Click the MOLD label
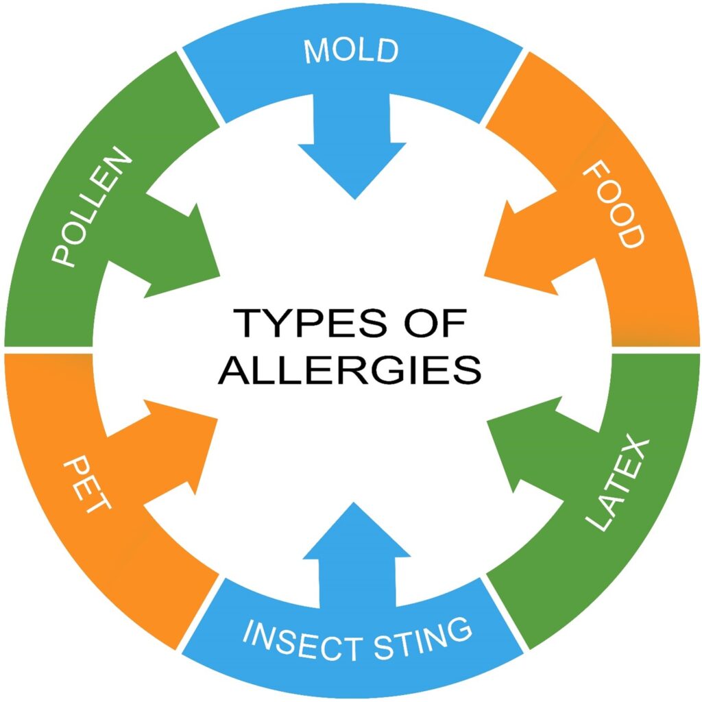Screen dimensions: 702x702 point(351,51)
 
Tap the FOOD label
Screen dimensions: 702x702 point(614,204)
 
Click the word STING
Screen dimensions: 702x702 point(422,639)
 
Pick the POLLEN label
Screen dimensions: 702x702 point(92,206)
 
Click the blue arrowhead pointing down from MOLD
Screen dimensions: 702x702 point(352,170)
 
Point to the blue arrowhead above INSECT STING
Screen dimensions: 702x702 point(356,531)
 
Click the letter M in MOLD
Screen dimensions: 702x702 point(315,51)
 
